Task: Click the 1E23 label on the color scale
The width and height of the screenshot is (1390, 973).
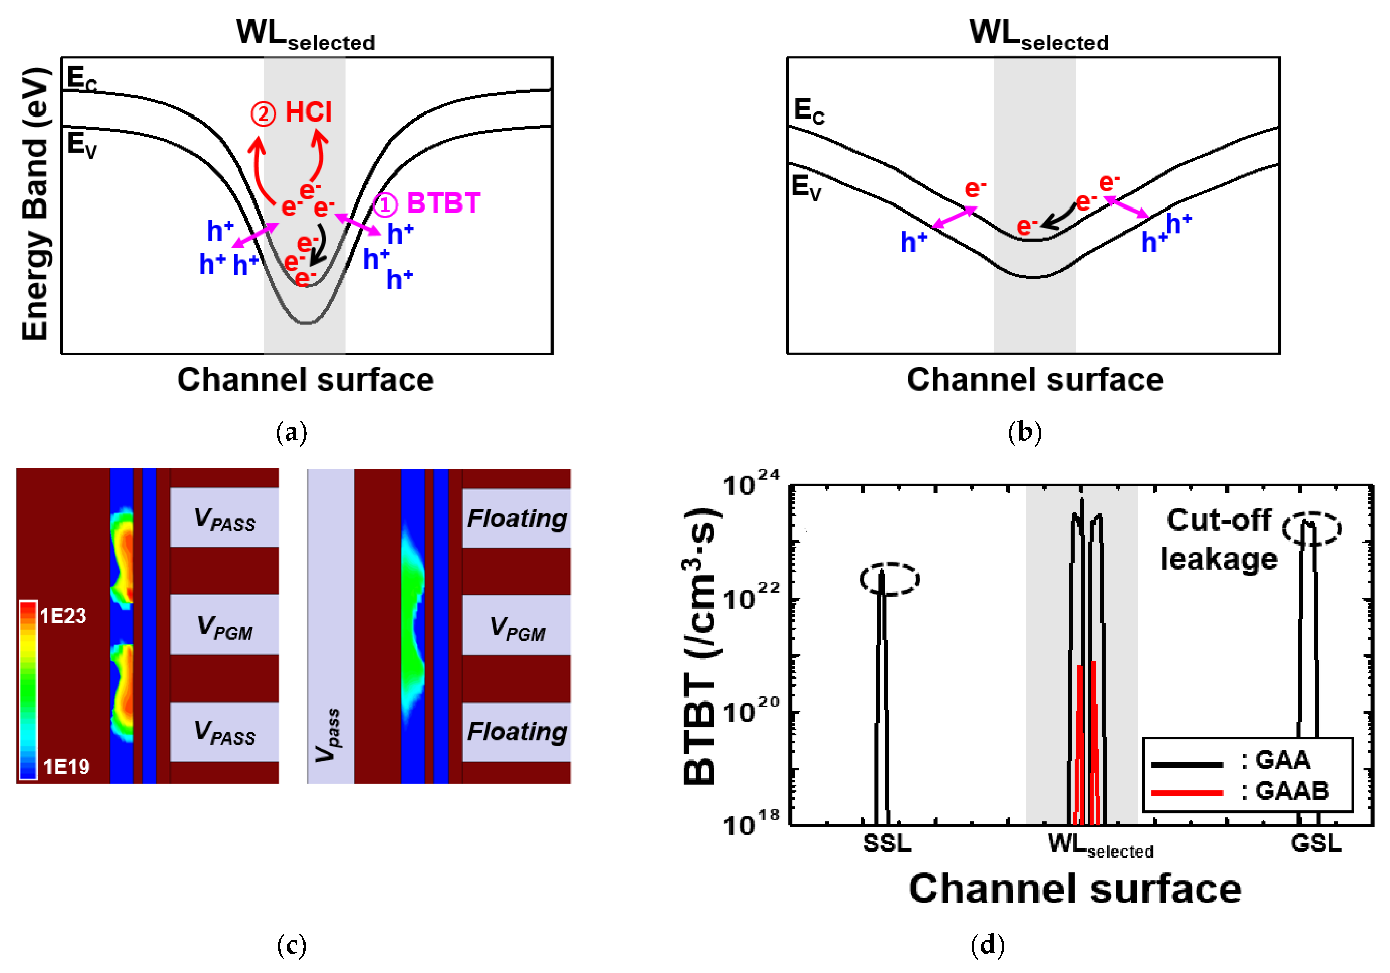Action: point(63,616)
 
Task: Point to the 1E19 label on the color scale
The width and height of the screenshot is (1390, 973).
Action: point(66,767)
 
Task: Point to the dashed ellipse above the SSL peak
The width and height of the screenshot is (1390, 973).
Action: point(889,579)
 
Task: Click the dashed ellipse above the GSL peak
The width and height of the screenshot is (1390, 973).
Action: point(1311,528)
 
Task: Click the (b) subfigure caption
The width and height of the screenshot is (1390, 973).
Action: point(1024,433)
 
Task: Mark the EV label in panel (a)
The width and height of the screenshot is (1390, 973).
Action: point(82,145)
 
